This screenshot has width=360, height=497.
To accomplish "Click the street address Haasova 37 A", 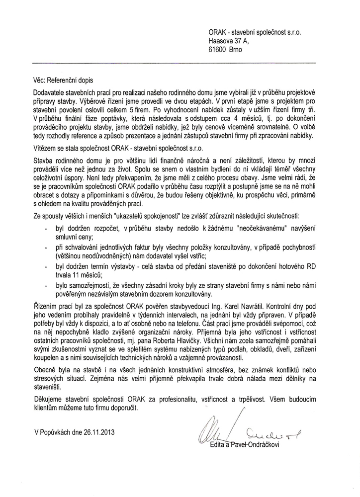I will tap(230, 42).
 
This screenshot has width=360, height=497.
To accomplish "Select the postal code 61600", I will tap(219, 51).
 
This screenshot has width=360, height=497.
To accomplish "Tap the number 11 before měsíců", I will tap(74, 274).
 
